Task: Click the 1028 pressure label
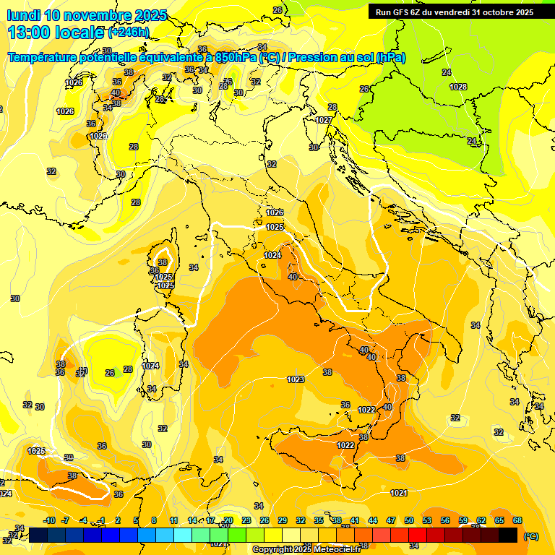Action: click(x=458, y=87)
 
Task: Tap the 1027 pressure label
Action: click(x=324, y=120)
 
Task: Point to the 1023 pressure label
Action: click(x=295, y=379)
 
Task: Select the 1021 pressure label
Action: click(x=399, y=493)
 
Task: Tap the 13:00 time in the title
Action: click(x=31, y=33)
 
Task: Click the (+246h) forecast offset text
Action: click(x=128, y=33)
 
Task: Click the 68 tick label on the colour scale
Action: click(x=517, y=520)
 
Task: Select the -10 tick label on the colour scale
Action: click(x=49, y=520)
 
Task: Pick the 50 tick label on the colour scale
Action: click(x=409, y=520)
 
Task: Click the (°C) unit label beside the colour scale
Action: click(x=530, y=536)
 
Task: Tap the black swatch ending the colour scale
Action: click(x=508, y=535)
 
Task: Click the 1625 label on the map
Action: click(x=36, y=451)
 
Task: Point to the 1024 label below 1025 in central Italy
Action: click(x=272, y=255)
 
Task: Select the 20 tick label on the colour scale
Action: click(x=228, y=520)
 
